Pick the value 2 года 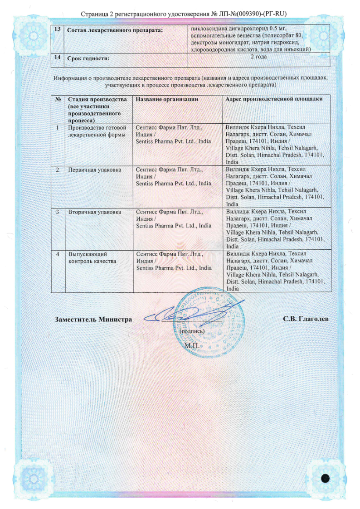tap(258, 57)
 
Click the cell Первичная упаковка tap(94, 170)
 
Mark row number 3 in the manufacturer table tap(57, 212)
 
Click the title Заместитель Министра tap(93, 319)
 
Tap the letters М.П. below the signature tap(192, 345)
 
